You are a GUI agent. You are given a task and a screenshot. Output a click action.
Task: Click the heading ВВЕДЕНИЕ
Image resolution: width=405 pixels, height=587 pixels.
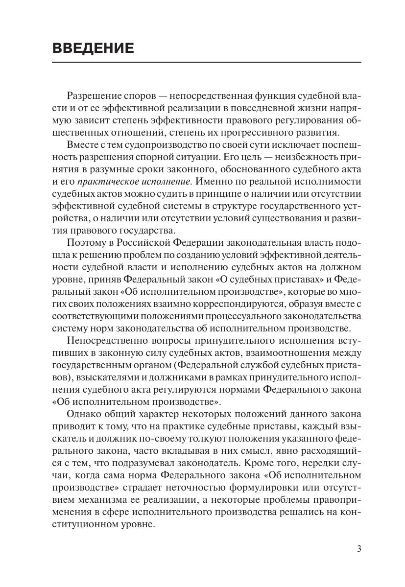[93, 48]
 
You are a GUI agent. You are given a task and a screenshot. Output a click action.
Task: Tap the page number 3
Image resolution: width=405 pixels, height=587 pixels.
[359, 548]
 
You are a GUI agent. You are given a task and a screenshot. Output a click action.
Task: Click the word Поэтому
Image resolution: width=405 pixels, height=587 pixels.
[83, 242]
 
